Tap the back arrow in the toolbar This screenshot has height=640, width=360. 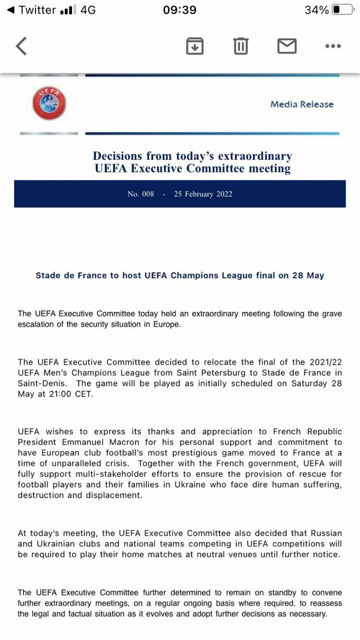(21, 46)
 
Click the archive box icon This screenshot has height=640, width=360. (195, 46)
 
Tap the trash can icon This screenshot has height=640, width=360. (241, 46)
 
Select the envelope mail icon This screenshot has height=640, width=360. (287, 46)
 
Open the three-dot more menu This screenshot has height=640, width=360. (333, 46)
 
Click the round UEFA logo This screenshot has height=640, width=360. (49, 103)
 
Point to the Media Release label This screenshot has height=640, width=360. (302, 104)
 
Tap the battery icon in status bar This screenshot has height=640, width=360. (343, 10)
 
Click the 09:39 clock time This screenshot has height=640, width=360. (179, 10)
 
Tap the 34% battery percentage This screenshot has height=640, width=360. (317, 10)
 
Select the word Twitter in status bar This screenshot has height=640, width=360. (37, 10)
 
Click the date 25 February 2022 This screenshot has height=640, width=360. (203, 194)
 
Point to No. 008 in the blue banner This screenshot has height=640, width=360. (141, 194)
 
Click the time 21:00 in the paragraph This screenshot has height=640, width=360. (70, 394)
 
